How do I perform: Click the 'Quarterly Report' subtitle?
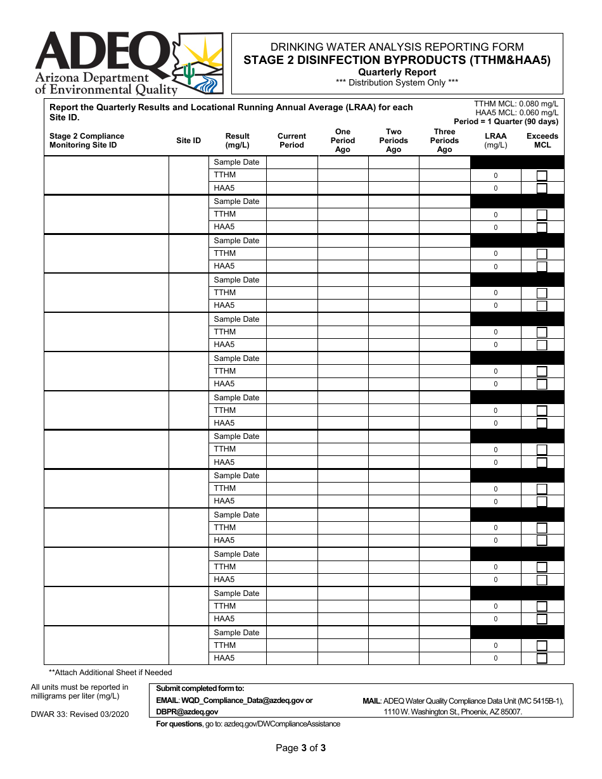397,72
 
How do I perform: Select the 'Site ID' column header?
188,141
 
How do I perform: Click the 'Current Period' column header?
291,141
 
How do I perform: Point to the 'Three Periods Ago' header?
444,141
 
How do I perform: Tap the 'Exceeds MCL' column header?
542,141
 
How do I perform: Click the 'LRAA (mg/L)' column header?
496,141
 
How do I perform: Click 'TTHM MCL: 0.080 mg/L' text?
516,104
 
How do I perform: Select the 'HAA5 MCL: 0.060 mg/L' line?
516,113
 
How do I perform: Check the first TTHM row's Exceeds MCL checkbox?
542,176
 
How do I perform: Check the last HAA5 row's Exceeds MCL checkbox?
542,659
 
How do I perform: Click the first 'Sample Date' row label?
236,162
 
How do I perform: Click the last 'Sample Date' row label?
236,633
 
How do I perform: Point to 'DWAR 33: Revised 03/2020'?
80,714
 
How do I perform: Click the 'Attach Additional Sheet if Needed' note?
111,673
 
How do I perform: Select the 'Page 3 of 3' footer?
300,748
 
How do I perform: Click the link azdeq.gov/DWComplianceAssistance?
282,724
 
